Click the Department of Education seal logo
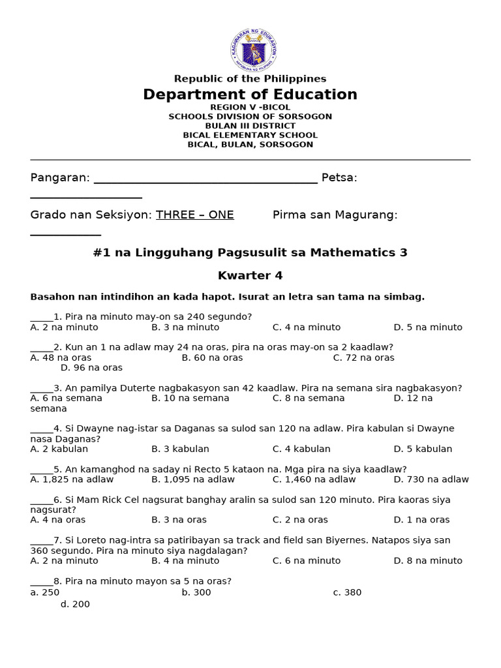pyautogui.click(x=254, y=50)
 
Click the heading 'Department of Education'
pyautogui.click(x=250, y=95)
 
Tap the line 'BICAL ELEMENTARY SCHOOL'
pyautogui.click(x=250, y=135)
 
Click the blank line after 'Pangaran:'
pyautogui.click(x=205, y=179)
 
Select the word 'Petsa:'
pyautogui.click(x=339, y=178)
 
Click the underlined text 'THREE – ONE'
pyautogui.click(x=194, y=215)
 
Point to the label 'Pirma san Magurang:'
pyautogui.click(x=335, y=215)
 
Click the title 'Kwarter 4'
pyautogui.click(x=250, y=275)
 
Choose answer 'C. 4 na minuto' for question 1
pyautogui.click(x=306, y=327)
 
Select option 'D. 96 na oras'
pyautogui.click(x=91, y=368)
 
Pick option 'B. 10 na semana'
pyautogui.click(x=190, y=398)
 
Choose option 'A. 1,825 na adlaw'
pyautogui.click(x=72, y=479)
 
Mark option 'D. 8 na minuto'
pyautogui.click(x=427, y=560)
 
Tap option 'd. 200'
pyautogui.click(x=75, y=604)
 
